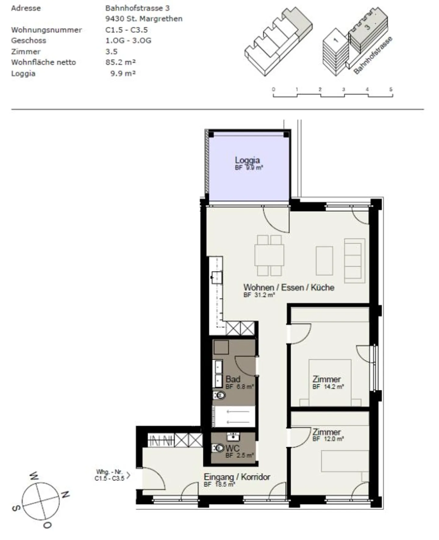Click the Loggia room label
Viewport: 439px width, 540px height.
click(x=247, y=160)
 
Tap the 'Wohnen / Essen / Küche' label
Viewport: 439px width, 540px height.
click(x=288, y=287)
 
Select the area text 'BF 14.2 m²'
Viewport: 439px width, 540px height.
click(x=328, y=387)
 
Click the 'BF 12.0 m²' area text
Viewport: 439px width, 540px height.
click(x=328, y=439)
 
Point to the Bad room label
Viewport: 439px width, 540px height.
click(x=233, y=379)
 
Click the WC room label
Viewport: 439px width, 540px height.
click(x=232, y=448)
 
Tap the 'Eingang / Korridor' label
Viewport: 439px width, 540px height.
click(x=237, y=477)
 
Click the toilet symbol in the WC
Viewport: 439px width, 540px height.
click(x=218, y=448)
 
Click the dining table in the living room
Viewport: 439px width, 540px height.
click(x=269, y=255)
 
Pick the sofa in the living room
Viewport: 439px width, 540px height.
click(x=355, y=261)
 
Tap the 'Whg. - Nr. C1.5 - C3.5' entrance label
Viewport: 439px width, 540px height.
click(x=109, y=475)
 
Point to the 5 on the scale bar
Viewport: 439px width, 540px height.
click(x=391, y=89)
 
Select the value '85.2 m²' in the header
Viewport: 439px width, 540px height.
click(x=120, y=62)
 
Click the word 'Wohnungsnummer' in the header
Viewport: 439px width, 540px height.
click(x=46, y=30)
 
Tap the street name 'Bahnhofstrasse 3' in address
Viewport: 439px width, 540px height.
click(x=137, y=8)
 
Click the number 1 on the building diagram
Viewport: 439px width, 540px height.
click(x=336, y=40)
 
